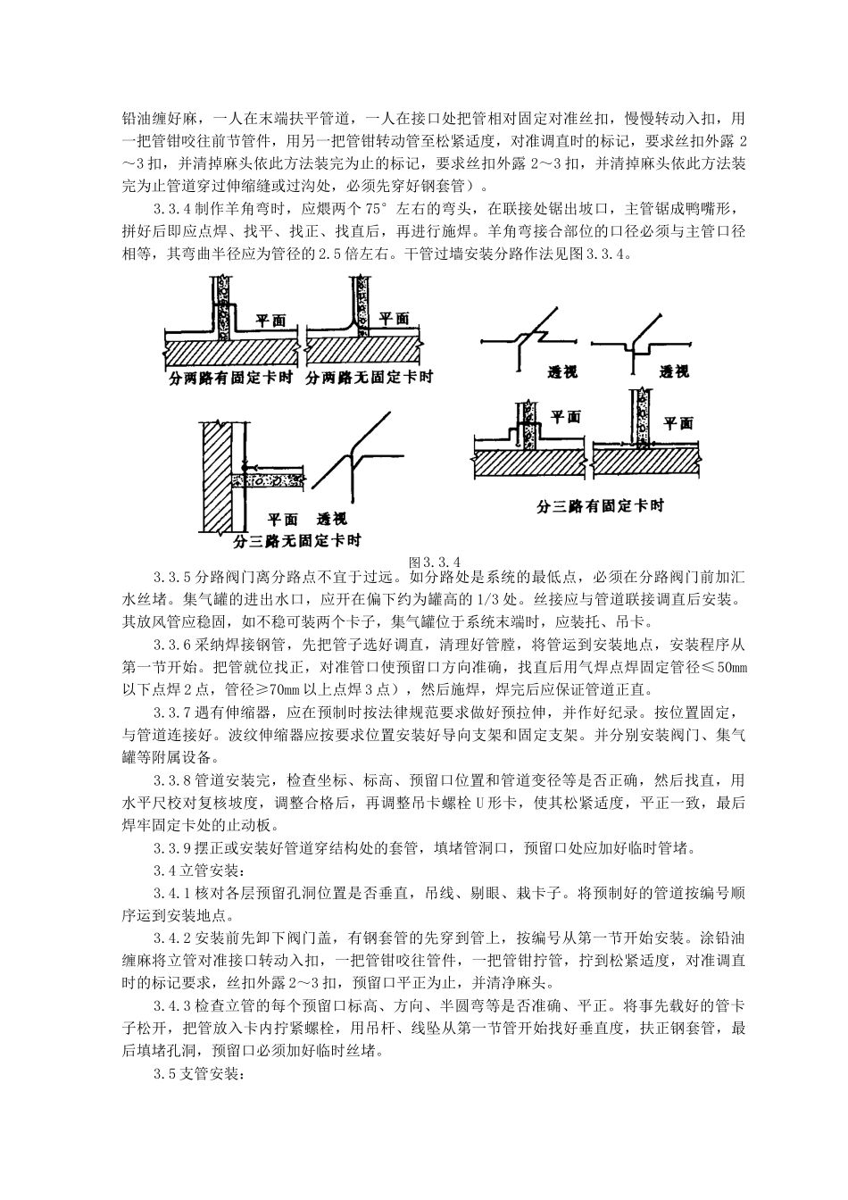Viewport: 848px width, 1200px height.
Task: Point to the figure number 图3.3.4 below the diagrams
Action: pyautogui.click(x=433, y=562)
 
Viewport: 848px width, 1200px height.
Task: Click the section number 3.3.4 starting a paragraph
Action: pyautogui.click(x=170, y=209)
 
